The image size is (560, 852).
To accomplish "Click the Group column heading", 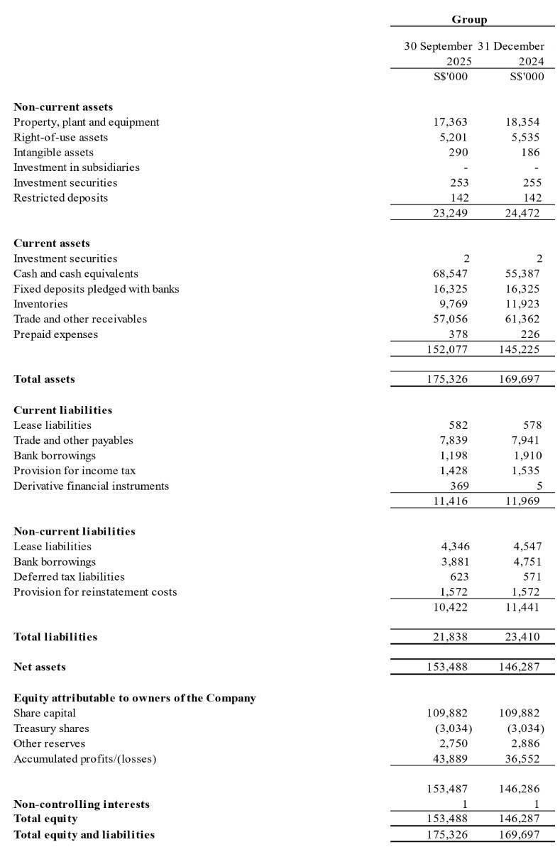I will pyautogui.click(x=469, y=20).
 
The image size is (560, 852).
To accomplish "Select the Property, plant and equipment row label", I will pyautogui.click(x=86, y=122).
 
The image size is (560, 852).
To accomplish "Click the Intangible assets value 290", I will pyautogui.click(x=458, y=153).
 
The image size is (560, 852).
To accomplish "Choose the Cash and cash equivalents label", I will pyautogui.click(x=75, y=273).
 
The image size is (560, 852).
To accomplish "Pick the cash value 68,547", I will pyautogui.click(x=450, y=273).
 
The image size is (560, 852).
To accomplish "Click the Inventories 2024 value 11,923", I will pyautogui.click(x=522, y=304).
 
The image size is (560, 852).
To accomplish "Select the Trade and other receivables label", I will pyautogui.click(x=80, y=319).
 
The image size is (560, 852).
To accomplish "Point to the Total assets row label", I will pyautogui.click(x=44, y=379).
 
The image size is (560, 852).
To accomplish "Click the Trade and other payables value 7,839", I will pyautogui.click(x=453, y=440).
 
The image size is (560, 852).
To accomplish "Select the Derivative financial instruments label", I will pyautogui.click(x=91, y=486).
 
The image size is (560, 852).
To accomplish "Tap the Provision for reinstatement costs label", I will pyautogui.click(x=95, y=591).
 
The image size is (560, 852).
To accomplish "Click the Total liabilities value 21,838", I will pyautogui.click(x=450, y=637).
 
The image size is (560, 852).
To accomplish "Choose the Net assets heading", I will pyautogui.click(x=40, y=667).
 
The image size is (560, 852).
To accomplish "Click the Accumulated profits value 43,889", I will pyautogui.click(x=450, y=758).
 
